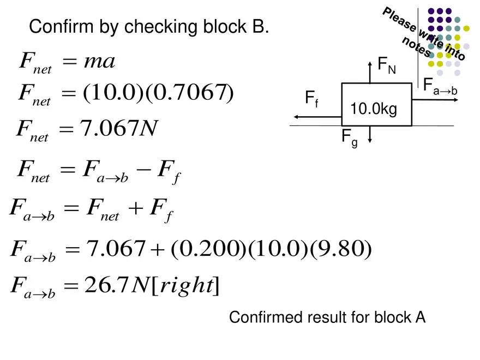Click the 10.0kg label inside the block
coord(374,109)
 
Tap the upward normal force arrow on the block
coord(370,72)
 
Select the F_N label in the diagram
coord(387,65)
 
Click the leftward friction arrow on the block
coord(317,117)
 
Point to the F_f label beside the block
coord(312,99)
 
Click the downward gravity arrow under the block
coord(370,134)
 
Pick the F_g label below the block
coord(350,138)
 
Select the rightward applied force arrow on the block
coord(435,99)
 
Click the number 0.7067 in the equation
coord(189,92)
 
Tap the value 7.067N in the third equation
coord(119,128)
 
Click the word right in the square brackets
coord(187,286)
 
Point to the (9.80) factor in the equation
coord(341,248)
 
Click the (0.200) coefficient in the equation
coord(209,248)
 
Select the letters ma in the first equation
coord(99,62)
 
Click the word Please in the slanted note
coord(399,19)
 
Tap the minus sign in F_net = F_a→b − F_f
coord(143,169)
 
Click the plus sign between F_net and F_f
coord(136,208)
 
